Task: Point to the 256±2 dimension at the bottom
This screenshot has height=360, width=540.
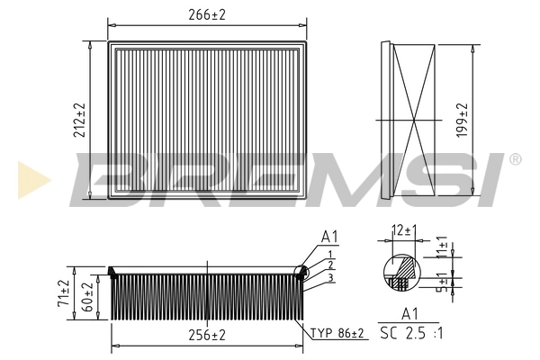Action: coord(207,335)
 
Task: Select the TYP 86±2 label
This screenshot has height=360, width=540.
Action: coord(337,334)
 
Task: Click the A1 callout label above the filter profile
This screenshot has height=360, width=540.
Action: coord(329,237)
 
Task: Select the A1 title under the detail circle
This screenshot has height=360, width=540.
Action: coord(410,314)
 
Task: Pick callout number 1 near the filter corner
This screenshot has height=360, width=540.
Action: coord(332,255)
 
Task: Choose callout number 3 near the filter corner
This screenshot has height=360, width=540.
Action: coord(332,278)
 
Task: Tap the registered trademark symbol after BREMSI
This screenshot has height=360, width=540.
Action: coord(514,159)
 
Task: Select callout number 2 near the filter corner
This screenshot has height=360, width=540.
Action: coord(332,265)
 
